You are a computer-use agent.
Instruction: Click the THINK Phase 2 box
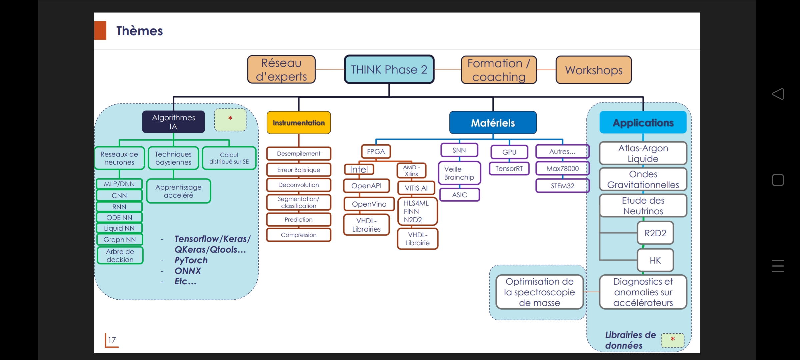click(389, 69)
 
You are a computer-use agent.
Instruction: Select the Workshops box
click(594, 70)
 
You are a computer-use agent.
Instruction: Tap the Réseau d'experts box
click(281, 69)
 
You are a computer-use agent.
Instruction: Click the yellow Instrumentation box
click(299, 123)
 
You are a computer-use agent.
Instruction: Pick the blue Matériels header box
click(493, 123)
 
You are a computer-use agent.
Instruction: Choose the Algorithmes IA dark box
click(173, 122)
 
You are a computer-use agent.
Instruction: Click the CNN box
click(119, 195)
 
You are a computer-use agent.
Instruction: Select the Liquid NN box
click(119, 228)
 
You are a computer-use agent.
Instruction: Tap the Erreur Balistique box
click(299, 170)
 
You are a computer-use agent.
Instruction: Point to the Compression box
click(299, 235)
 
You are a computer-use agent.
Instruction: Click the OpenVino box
click(369, 204)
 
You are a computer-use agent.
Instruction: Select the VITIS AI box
click(416, 188)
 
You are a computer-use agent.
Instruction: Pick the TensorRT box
click(509, 169)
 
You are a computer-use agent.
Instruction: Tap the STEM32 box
click(562, 186)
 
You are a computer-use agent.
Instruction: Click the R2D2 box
click(655, 233)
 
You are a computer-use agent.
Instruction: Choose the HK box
click(655, 260)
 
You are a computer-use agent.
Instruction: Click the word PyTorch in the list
click(191, 260)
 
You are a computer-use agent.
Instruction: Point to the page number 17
click(112, 340)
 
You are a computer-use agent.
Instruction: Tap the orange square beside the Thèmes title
click(100, 31)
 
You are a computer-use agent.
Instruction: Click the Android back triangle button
click(778, 94)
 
